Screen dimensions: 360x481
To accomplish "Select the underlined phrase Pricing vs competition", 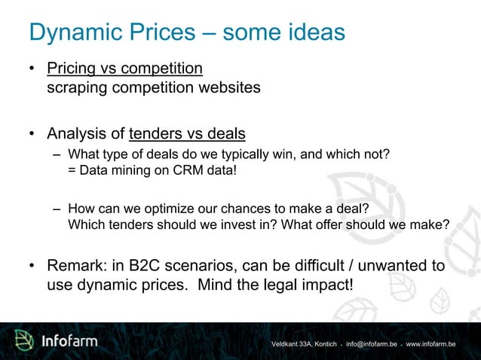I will tap(124, 69).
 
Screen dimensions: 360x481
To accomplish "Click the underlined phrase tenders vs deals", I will tap(187, 134).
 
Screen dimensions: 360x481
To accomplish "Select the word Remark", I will tap(78, 266).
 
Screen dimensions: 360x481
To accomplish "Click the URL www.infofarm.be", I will tap(430, 344).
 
